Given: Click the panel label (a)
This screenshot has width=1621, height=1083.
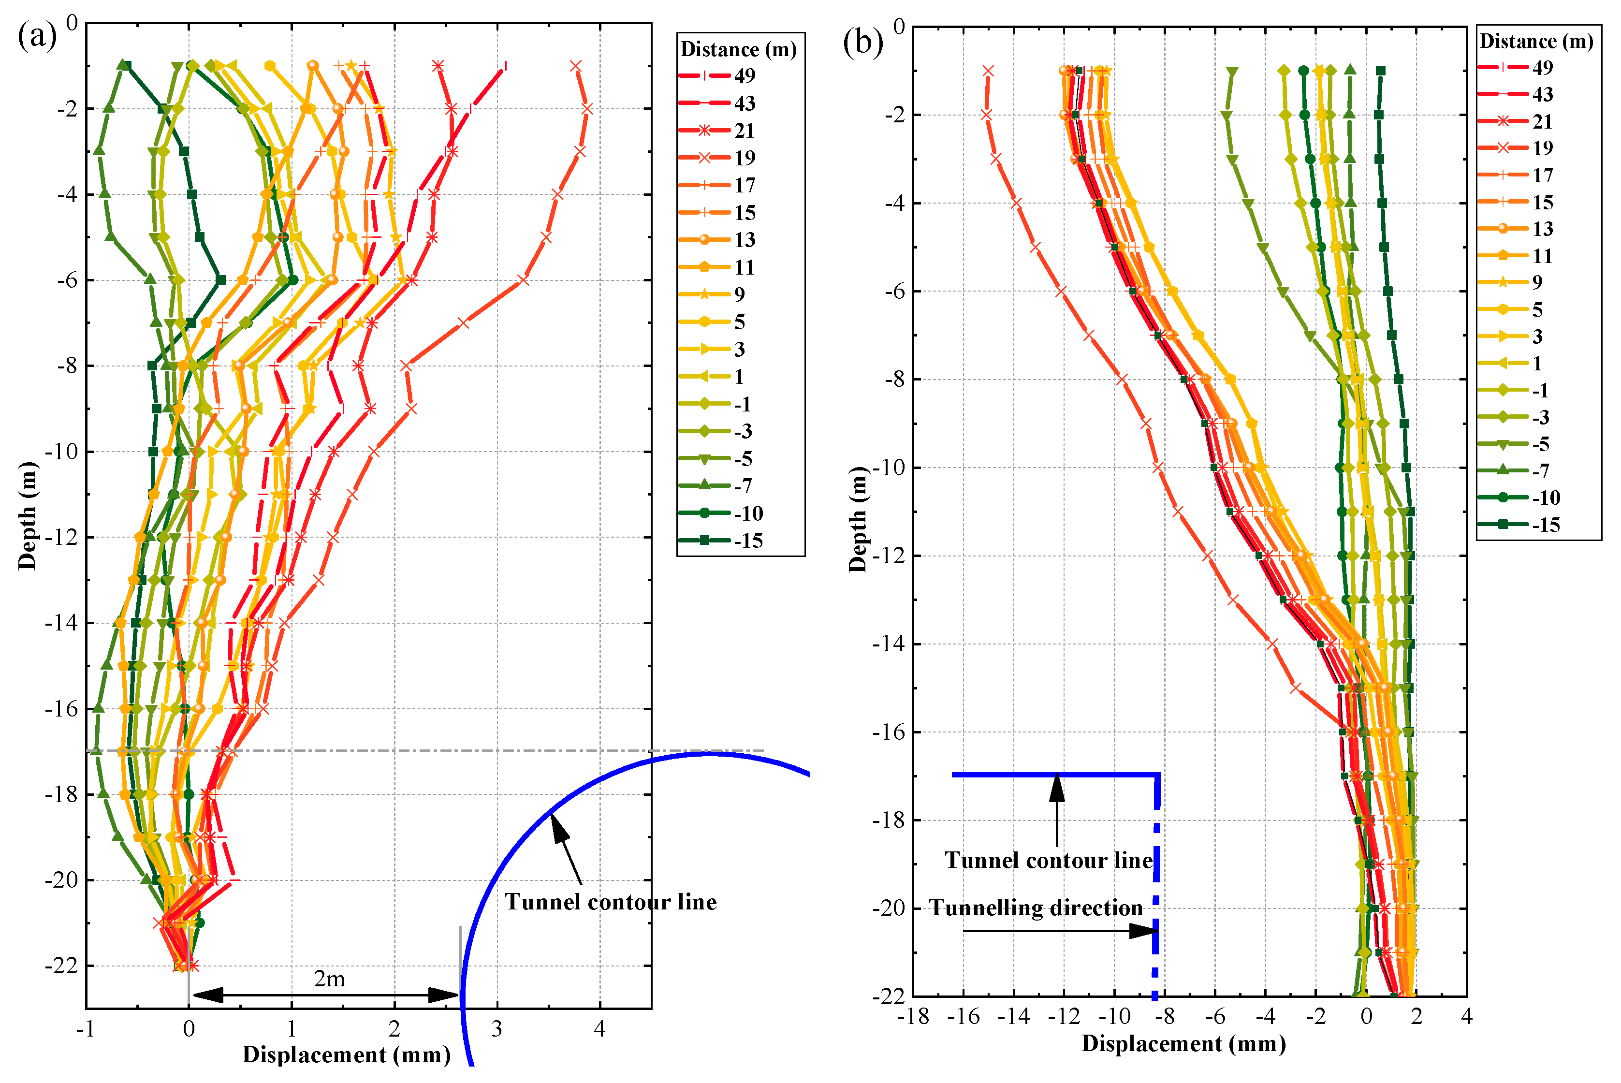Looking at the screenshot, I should (x=37, y=36).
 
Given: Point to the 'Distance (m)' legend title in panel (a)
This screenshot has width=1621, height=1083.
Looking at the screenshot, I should (x=738, y=49).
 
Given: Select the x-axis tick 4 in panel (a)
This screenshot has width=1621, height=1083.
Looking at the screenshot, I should (x=599, y=1030).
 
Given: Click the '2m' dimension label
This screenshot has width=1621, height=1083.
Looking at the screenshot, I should (x=329, y=979).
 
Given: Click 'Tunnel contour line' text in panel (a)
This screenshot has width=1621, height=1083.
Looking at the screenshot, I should (x=611, y=902).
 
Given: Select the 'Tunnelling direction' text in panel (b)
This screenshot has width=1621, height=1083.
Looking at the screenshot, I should (x=1036, y=907).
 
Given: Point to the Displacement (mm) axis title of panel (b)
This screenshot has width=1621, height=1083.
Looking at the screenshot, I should (x=1183, y=1044).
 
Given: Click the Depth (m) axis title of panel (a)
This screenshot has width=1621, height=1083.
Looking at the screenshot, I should (x=27, y=515).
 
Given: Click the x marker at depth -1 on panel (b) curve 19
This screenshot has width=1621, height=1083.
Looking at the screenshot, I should (x=988, y=71).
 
